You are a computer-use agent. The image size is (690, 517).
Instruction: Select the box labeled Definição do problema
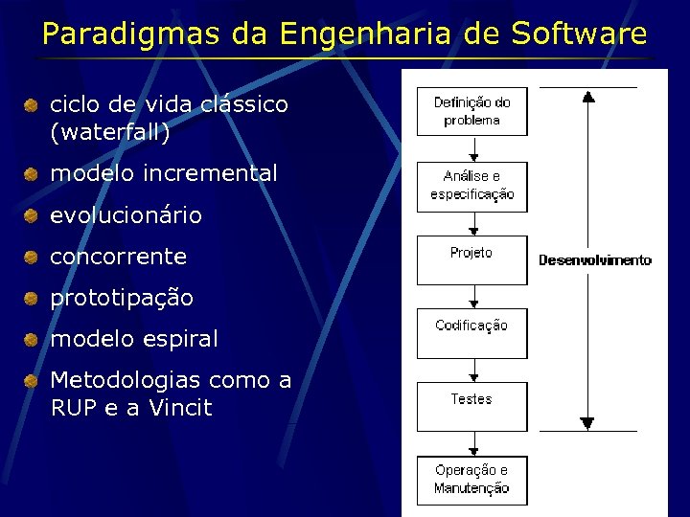coord(471,112)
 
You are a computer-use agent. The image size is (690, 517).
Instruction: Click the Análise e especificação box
coord(471,186)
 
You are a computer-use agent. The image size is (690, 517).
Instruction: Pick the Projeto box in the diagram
coord(471,259)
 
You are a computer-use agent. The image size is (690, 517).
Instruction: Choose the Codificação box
coord(471,332)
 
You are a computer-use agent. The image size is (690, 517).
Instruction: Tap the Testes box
coord(471,406)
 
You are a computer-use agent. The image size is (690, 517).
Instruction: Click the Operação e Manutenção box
coord(471,480)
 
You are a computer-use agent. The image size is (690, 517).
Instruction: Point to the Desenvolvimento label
coord(594,260)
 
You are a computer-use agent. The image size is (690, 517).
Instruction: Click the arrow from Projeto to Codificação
coord(472,297)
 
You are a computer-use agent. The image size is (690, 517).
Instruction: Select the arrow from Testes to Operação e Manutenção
coord(472,443)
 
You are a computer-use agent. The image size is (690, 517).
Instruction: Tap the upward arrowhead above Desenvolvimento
coord(588,96)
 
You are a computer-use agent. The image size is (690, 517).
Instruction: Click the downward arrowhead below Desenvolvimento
coord(588,422)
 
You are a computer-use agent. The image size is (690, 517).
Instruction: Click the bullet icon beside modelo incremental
coord(32,174)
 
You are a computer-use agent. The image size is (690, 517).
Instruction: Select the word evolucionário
coord(126,215)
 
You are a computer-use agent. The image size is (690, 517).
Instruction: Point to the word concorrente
coord(118,257)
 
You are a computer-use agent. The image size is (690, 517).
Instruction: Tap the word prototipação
coord(122,298)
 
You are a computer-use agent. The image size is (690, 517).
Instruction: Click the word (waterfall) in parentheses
coord(110,133)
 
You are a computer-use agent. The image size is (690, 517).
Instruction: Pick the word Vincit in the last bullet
coord(179,408)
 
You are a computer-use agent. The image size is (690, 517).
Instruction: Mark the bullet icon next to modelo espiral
coord(32,340)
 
